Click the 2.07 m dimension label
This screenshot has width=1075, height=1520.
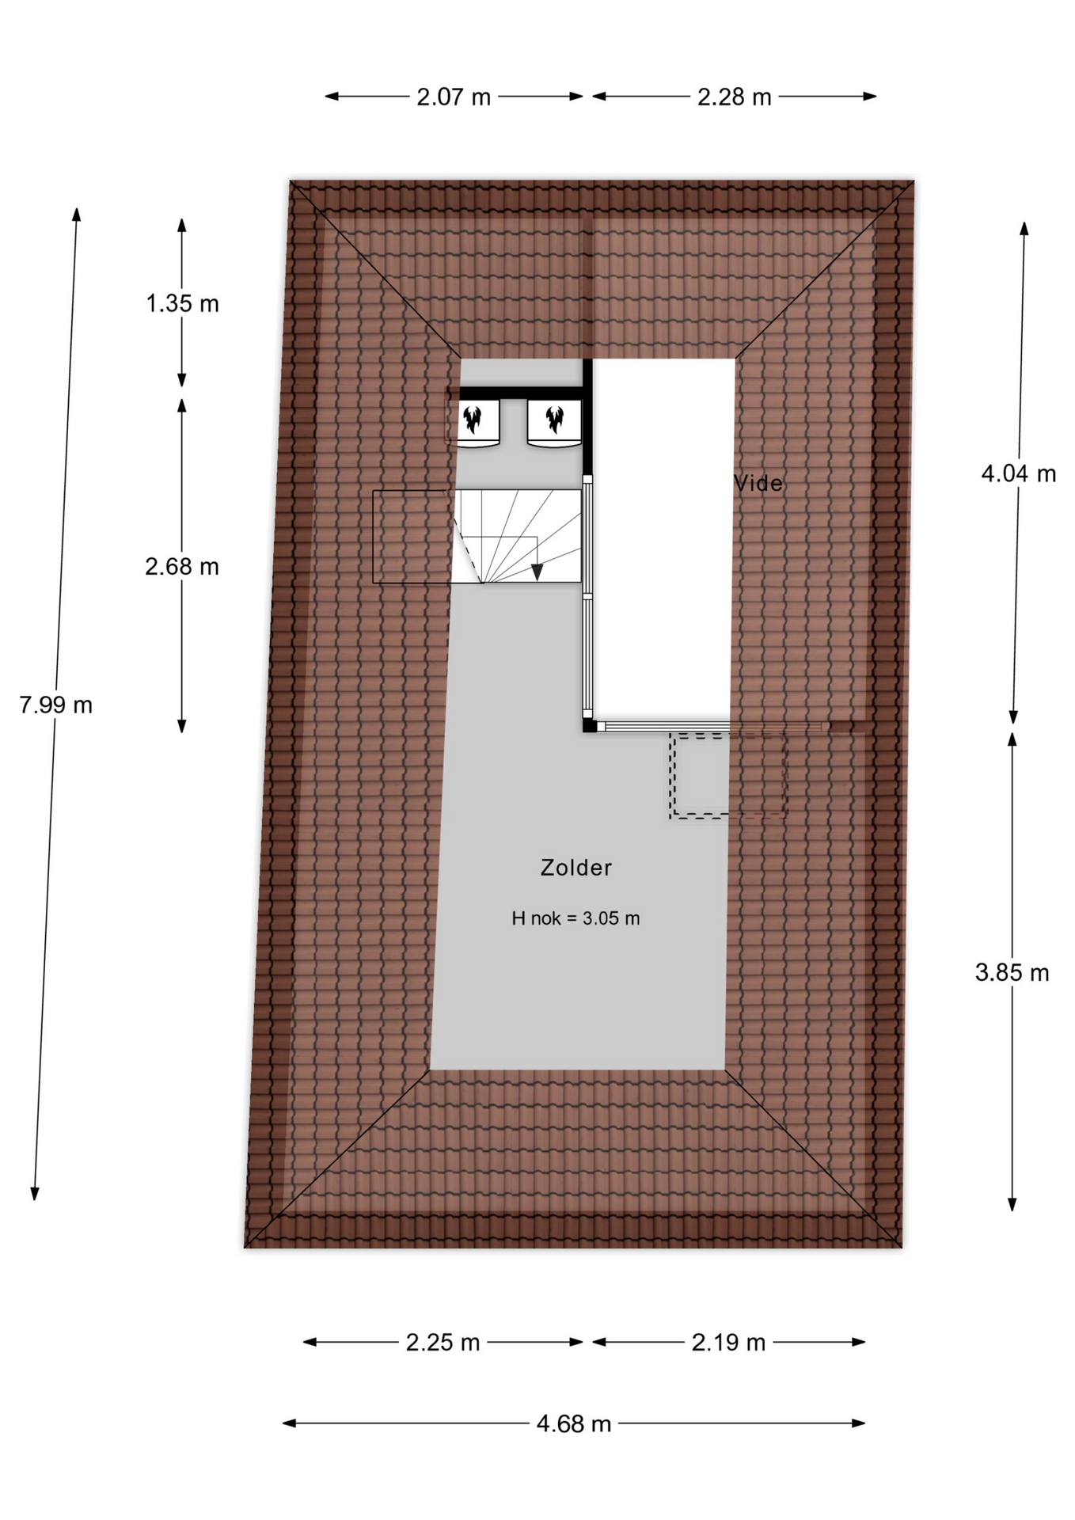point(454,97)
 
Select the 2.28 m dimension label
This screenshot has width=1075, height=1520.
point(734,97)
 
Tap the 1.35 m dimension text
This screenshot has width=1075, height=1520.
point(182,303)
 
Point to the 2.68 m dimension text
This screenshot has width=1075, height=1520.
point(182,566)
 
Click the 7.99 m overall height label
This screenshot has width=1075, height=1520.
point(55,705)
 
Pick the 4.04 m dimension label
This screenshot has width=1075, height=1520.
point(1019,473)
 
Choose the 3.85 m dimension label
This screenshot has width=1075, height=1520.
point(1012,972)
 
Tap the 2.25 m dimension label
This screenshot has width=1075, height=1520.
point(443,1342)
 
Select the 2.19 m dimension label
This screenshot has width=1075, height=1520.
point(728,1342)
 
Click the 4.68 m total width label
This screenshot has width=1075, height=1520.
point(574,1423)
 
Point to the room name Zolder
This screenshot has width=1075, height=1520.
point(575,868)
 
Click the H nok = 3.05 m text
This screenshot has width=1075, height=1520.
point(575,918)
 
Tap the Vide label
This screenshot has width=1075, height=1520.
point(758,483)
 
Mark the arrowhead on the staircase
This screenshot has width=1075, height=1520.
point(537,572)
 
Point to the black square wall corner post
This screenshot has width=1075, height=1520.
point(589,725)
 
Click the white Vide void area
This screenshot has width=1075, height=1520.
point(664,538)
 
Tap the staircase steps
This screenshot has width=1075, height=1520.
point(519,536)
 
